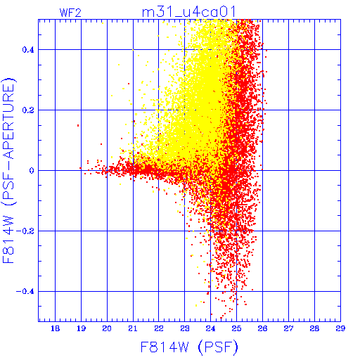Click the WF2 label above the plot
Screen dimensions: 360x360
(x=70, y=13)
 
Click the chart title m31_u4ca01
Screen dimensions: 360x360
(x=189, y=12)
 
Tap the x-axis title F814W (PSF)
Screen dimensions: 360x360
(x=189, y=347)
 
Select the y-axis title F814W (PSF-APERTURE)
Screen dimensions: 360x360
(x=9, y=170)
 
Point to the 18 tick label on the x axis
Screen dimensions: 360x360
(x=55, y=328)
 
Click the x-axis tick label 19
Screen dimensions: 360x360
(x=81, y=328)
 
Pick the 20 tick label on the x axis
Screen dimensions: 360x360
(x=107, y=328)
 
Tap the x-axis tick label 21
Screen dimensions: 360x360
(x=133, y=328)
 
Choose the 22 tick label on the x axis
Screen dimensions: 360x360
(x=159, y=328)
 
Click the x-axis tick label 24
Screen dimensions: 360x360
(x=210, y=328)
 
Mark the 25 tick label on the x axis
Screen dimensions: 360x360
(x=236, y=328)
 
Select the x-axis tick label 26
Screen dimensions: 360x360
(x=262, y=328)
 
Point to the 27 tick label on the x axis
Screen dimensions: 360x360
(x=288, y=328)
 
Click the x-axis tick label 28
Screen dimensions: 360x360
(x=314, y=328)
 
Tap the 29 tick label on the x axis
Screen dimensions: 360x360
(x=340, y=328)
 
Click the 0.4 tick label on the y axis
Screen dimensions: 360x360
(x=28, y=49)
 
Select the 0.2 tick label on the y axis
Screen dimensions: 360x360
(x=28, y=110)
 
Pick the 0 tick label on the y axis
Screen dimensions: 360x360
(x=32, y=170)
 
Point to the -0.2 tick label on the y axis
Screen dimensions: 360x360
(x=25, y=231)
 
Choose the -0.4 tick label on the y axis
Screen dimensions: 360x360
(x=25, y=291)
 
